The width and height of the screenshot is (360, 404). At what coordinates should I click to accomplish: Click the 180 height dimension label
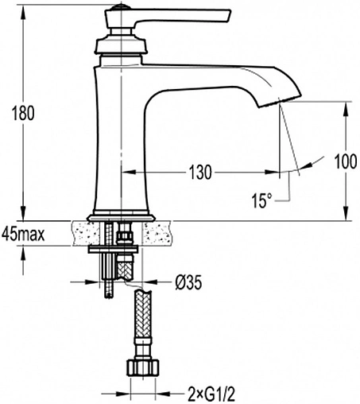23,113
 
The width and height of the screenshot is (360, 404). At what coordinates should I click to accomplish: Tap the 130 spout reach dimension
200,172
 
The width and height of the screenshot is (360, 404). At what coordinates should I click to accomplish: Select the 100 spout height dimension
346,161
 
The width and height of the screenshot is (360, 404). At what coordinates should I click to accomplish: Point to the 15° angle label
262,200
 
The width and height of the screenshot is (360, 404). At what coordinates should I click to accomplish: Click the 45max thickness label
23,235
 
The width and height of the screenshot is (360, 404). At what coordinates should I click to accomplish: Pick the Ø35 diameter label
188,282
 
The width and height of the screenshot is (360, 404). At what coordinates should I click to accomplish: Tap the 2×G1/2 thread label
211,394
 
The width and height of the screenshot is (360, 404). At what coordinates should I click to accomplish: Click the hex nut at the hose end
143,367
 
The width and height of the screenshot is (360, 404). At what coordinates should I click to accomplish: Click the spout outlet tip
281,101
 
